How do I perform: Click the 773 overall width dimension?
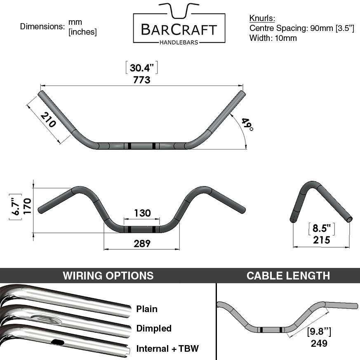tap(142, 80)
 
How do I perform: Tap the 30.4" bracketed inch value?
tap(142, 68)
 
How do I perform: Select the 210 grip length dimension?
tap(48, 120)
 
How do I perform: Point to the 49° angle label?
tap(247, 124)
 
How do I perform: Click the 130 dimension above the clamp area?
tap(142, 213)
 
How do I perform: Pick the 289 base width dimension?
tap(142, 244)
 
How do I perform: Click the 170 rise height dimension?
tap(27, 206)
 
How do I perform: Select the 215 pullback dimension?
tap(321, 240)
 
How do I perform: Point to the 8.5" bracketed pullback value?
tap(321, 228)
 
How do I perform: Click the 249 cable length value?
tap(319, 343)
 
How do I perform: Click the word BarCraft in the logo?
tap(179, 30)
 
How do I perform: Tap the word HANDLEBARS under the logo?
tap(179, 42)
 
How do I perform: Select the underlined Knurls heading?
tap(262, 18)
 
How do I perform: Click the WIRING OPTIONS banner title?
tap(108, 276)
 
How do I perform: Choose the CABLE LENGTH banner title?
tap(288, 276)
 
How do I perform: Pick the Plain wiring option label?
tap(147, 309)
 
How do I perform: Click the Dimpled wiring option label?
tap(154, 328)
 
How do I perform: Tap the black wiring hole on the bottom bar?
tap(57, 342)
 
